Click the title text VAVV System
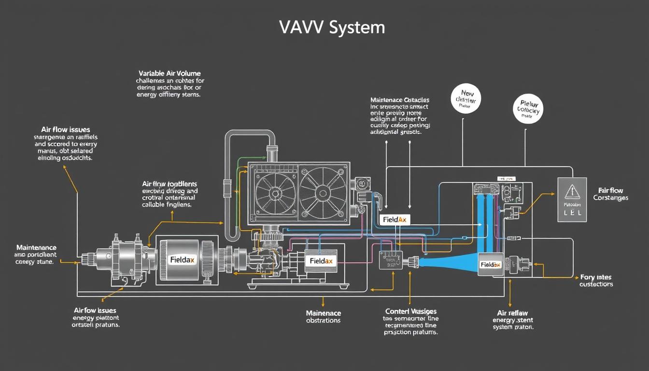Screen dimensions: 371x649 coord(332,28)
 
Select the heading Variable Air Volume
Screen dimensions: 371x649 coord(169,73)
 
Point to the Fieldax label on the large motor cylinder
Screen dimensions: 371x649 coord(183,259)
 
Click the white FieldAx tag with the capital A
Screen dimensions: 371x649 coord(394,220)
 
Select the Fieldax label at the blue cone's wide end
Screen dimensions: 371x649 coord(490,265)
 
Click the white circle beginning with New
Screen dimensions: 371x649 coord(466,99)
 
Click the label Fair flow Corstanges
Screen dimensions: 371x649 coord(610,194)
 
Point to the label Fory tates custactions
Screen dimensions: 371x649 coord(596,281)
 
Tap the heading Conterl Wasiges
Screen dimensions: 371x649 coord(410,312)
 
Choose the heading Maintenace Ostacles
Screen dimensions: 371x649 coord(399,100)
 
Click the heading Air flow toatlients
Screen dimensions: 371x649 coord(169,184)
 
